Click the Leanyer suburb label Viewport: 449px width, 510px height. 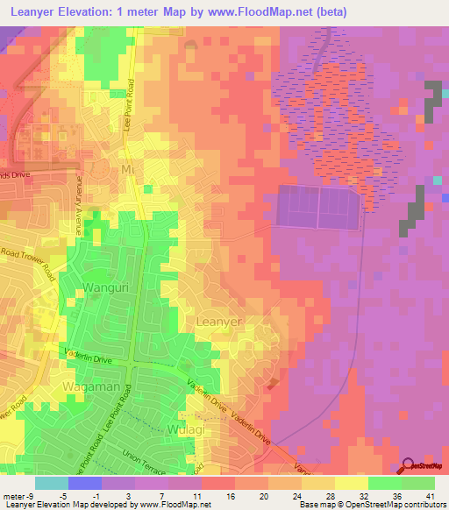tap(217, 322)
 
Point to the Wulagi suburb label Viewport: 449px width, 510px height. tap(183, 429)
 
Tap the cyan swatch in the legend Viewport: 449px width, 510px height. tap(52, 482)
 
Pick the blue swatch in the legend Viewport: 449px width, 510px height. tap(85, 482)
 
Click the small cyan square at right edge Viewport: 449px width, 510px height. tap(437, 181)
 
